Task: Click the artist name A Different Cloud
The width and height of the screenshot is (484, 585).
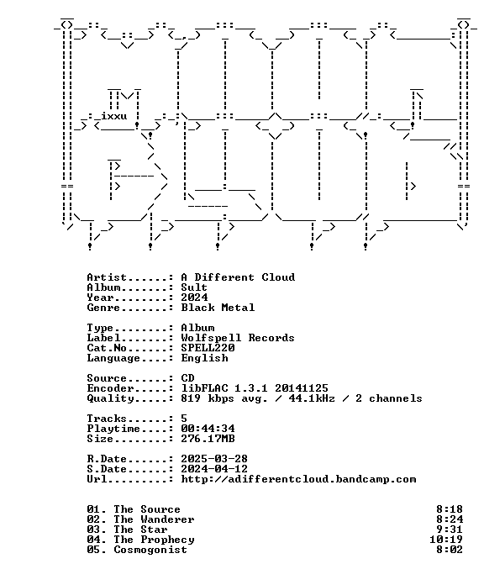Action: coord(238,277)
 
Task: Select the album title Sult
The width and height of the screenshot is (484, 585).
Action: coord(194,287)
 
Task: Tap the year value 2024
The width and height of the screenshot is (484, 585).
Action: coord(194,298)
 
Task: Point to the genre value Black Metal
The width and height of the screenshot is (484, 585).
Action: coord(218,308)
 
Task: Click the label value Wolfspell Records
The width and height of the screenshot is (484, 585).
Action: coord(238,338)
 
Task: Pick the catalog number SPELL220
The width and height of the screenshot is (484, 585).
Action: coord(208,348)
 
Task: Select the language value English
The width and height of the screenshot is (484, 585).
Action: coord(204,358)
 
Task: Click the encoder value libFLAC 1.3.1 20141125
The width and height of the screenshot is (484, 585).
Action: coord(255,388)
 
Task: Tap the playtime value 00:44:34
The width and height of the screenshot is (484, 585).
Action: coord(208,429)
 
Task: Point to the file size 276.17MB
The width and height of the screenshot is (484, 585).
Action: coord(208,439)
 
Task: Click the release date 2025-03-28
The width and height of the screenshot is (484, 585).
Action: coord(214,459)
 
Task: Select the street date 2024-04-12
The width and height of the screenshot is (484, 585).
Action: coord(214,469)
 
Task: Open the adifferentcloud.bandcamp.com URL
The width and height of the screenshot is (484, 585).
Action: coord(298,479)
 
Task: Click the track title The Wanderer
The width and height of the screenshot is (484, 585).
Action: coord(154,519)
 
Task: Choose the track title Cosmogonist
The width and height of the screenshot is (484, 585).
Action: coord(150,550)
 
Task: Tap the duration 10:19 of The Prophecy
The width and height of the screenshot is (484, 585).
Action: coord(446,540)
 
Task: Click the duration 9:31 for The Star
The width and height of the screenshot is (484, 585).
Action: coord(450,530)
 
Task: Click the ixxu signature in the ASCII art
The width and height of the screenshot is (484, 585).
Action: coord(113,116)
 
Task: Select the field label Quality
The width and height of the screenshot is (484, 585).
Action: coord(110,398)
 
